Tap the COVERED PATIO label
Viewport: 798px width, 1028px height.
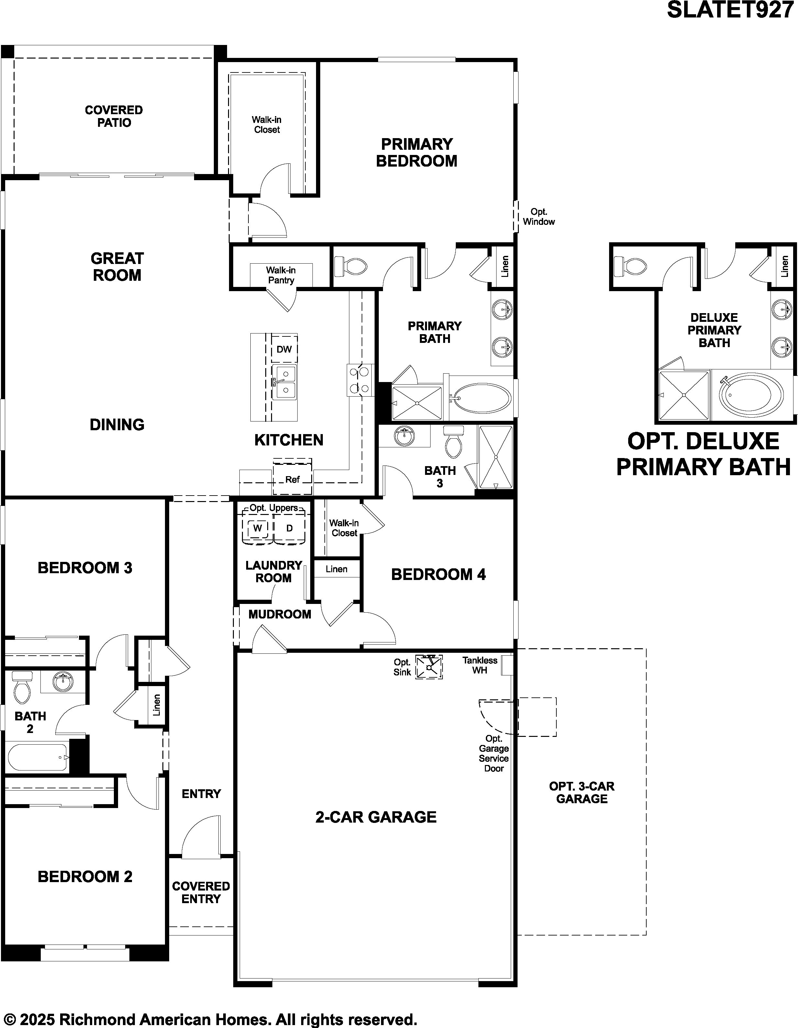pos(114,116)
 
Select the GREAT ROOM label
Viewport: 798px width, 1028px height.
pos(117,267)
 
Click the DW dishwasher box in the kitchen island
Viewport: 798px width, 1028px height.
pos(284,349)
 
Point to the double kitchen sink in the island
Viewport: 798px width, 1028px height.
pos(284,382)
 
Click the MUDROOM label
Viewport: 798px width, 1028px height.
pos(280,614)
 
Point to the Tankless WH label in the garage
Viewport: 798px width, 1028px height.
pos(480,665)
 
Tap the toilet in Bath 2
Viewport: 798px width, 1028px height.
pos(22,688)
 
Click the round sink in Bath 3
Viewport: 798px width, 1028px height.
pos(403,436)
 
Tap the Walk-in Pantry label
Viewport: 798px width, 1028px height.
pos(281,275)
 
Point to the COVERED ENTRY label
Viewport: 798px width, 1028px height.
pos(201,892)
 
